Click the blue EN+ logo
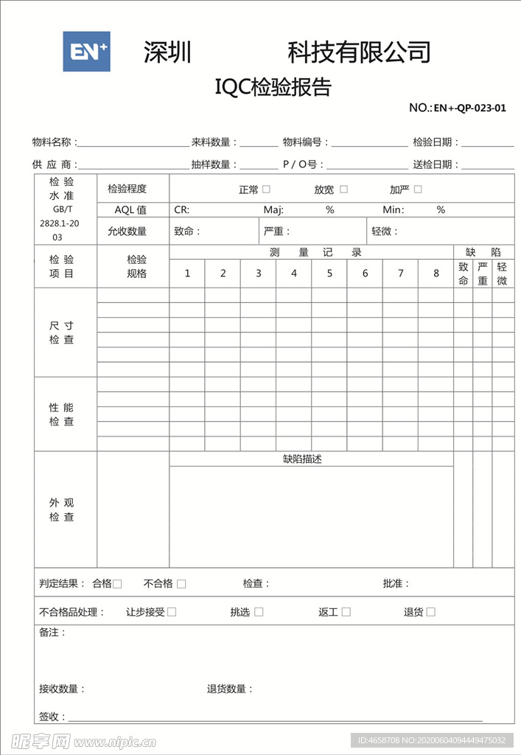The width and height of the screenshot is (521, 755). (86, 52)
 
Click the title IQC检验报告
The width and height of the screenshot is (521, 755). (273, 87)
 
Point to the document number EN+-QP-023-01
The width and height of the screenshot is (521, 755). (469, 108)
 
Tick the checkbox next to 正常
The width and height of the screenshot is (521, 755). (266, 189)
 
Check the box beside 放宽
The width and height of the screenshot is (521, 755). (343, 189)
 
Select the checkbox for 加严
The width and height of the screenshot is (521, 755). (418, 189)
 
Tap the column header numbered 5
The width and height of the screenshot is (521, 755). (329, 274)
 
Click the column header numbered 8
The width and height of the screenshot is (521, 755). (436, 274)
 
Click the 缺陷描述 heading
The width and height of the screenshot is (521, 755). (302, 459)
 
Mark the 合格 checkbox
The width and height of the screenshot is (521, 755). (118, 584)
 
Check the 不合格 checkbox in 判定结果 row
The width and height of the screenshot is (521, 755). (181, 584)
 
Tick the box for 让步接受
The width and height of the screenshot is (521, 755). (172, 612)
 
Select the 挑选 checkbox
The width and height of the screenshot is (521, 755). (259, 612)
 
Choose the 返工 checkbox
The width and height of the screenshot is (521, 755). (346, 612)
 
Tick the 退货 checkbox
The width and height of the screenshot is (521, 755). (431, 612)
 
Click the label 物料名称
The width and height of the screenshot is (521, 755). (52, 142)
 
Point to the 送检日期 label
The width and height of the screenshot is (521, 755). (434, 164)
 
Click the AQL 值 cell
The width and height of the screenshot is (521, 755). (130, 210)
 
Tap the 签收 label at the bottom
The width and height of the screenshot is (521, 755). (52, 717)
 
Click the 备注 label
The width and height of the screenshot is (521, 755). (52, 633)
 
